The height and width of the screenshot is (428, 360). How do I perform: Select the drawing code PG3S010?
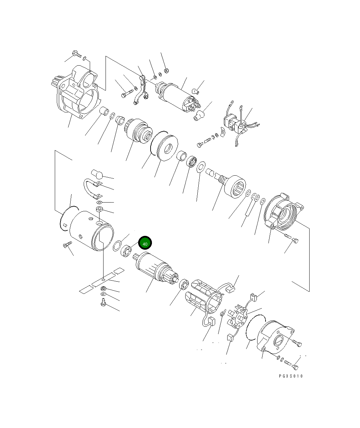click(x=290, y=376)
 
